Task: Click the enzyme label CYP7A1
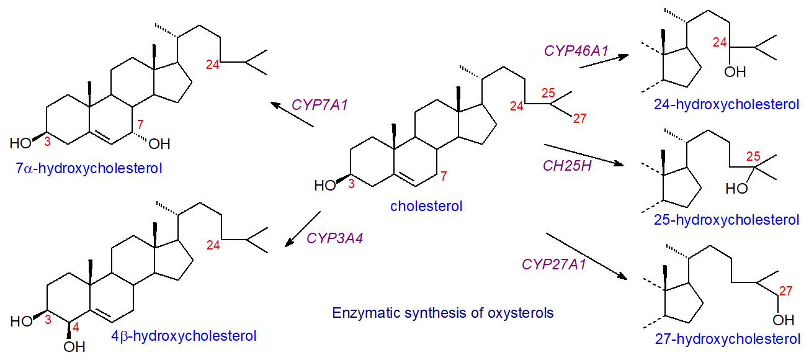tap(320, 105)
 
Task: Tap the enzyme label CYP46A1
tap(577, 51)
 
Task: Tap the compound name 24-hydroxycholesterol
tap(726, 104)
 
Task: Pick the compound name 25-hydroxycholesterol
tap(726, 220)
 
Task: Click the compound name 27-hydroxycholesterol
tap(727, 339)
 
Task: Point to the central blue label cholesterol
tap(426, 206)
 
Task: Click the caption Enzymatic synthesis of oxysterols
tap(443, 312)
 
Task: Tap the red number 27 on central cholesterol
tap(579, 119)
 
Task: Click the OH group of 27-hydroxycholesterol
tap(784, 320)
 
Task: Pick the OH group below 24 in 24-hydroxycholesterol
tap(735, 73)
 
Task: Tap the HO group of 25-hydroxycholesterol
tap(736, 188)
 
